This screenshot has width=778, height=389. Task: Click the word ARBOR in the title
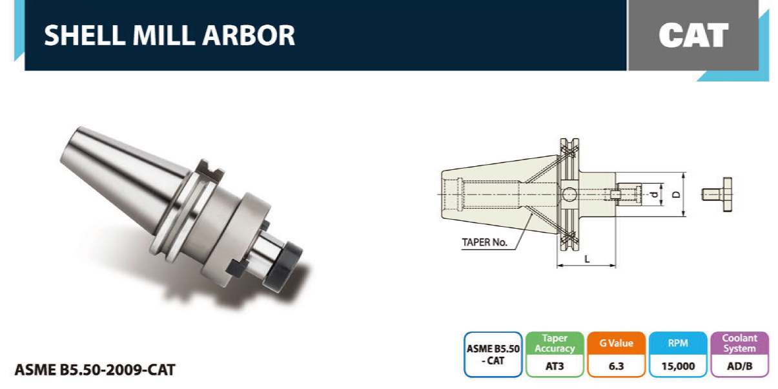tap(249, 36)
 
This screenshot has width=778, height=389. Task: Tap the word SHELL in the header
tap(85, 36)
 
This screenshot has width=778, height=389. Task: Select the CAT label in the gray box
tap(693, 35)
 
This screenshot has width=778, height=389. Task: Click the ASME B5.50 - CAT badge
tap(493, 355)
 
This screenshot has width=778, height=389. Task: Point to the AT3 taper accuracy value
tap(555, 366)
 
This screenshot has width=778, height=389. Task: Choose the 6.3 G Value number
tap(616, 366)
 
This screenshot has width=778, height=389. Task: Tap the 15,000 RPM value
tap(678, 366)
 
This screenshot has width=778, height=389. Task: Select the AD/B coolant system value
tap(739, 366)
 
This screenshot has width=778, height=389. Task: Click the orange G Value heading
tap(616, 343)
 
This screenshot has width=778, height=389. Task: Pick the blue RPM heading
tap(678, 343)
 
